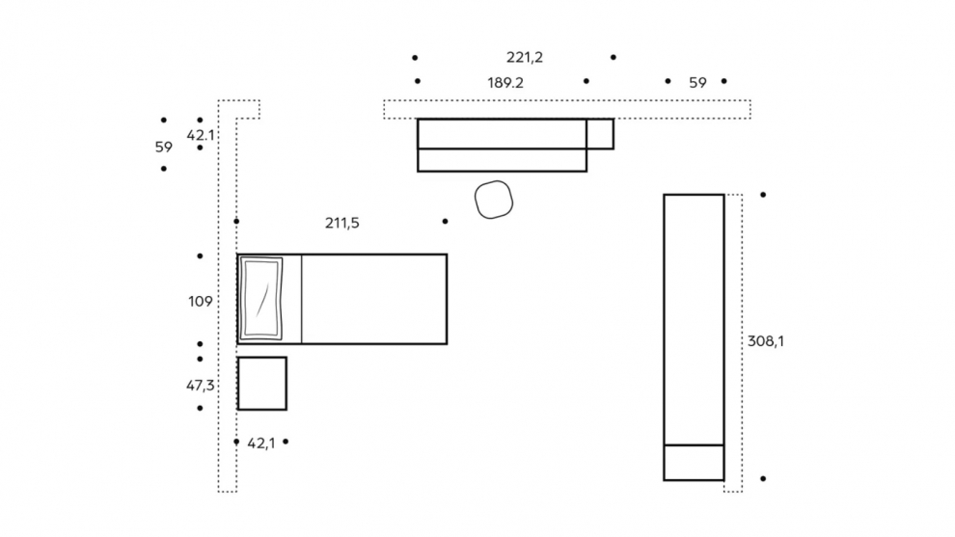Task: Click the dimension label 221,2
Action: pyautogui.click(x=525, y=57)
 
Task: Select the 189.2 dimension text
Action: pyautogui.click(x=505, y=83)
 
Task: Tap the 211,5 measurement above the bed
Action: pyautogui.click(x=342, y=223)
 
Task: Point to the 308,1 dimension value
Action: pyautogui.click(x=766, y=341)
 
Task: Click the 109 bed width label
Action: pyautogui.click(x=201, y=302)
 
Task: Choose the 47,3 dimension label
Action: pyautogui.click(x=201, y=386)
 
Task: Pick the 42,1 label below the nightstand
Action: pyautogui.click(x=260, y=443)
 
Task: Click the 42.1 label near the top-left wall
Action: pyautogui.click(x=201, y=135)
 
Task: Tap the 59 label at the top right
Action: pyautogui.click(x=698, y=83)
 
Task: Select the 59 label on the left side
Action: pyautogui.click(x=164, y=148)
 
